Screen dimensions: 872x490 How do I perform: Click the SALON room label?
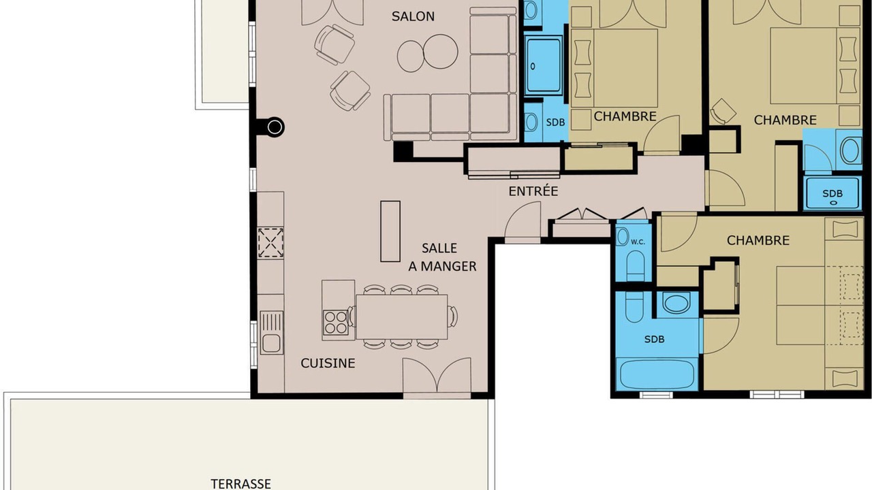413,16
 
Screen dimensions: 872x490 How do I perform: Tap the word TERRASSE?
240,484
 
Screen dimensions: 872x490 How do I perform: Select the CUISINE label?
328,363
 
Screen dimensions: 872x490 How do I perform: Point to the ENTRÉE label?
533,191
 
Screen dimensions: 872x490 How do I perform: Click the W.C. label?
638,242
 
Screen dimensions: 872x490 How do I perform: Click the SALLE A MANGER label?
442,257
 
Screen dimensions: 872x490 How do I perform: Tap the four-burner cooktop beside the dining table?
336,323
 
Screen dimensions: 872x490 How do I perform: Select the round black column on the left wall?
275,127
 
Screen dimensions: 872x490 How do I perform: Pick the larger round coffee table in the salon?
440,52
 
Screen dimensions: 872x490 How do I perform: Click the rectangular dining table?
401,317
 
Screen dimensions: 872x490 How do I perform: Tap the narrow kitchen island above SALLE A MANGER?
390,231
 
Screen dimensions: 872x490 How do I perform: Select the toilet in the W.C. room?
636,265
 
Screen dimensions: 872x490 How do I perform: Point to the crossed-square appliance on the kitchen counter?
270,243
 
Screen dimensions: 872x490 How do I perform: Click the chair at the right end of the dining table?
452,316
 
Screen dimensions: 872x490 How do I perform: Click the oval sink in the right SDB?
850,150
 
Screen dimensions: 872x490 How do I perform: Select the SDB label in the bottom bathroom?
655,339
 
